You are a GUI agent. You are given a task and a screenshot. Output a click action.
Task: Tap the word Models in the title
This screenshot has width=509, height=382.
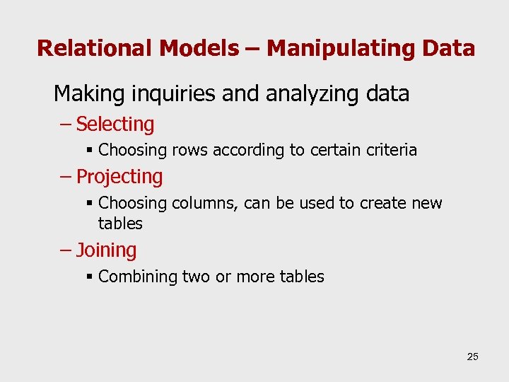199,48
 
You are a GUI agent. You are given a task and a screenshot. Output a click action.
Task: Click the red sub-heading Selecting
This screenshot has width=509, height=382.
115,125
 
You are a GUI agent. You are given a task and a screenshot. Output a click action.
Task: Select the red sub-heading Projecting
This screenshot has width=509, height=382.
119,177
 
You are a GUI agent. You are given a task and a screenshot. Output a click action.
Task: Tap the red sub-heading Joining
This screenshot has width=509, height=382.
106,250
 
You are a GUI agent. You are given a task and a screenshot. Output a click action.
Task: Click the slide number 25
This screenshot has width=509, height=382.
472,357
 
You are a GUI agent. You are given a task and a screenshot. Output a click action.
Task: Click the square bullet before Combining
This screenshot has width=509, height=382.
89,277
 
